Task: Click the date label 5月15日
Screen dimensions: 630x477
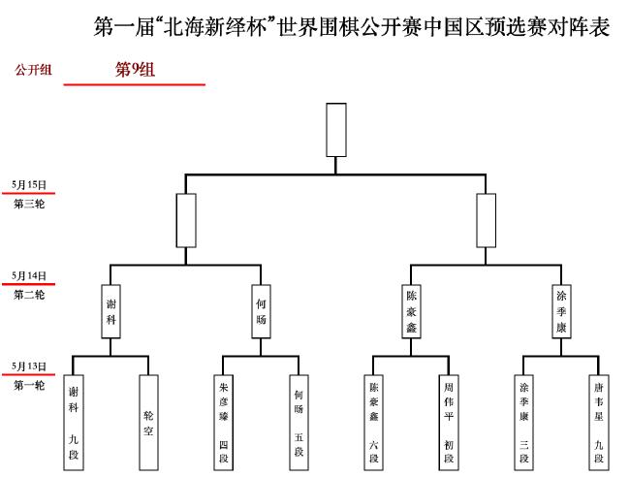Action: pos(29,185)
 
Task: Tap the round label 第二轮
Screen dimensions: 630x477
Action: pos(29,295)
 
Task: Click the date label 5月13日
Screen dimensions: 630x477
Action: pos(29,366)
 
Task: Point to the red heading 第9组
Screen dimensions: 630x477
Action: pos(135,70)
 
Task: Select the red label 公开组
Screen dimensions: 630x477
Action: pos(33,70)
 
